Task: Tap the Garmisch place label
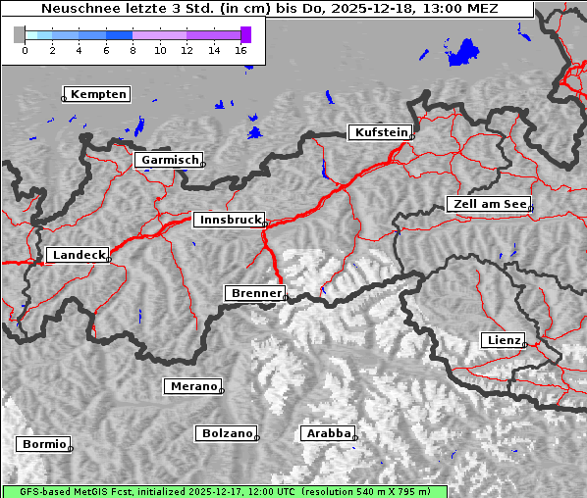[170, 160]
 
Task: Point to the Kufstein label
[381, 132]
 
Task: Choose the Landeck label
[79, 255]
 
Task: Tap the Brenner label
[256, 293]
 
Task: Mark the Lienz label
[504, 340]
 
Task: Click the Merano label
[193, 386]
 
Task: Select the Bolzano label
[228, 432]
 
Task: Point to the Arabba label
[327, 432]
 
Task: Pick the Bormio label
[44, 444]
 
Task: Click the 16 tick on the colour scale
[241, 49]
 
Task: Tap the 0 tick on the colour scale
[25, 49]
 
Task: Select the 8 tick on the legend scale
[133, 49]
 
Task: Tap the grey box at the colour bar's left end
[20, 34]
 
